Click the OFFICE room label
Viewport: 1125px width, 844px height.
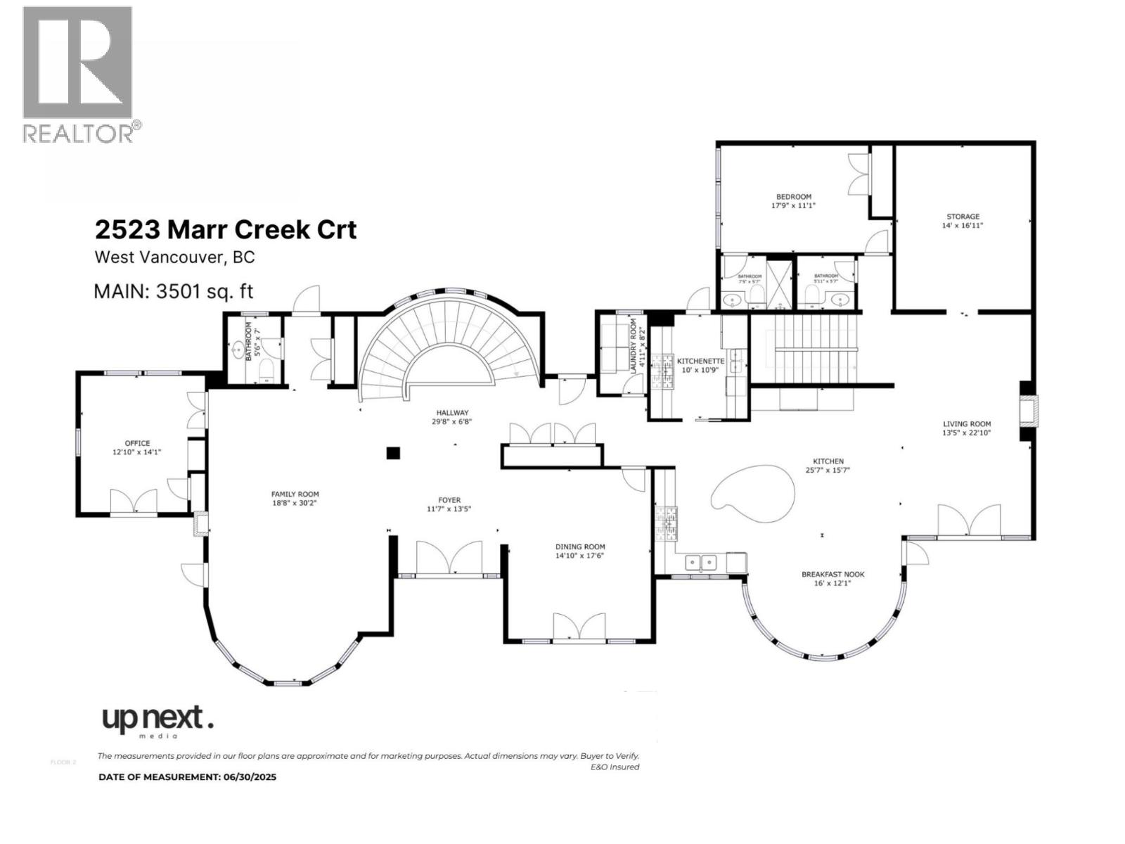(137, 443)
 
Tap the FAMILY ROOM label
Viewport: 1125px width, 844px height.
(295, 494)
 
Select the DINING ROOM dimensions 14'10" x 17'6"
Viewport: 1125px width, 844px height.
(580, 556)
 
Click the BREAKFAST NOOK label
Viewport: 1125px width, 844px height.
(833, 575)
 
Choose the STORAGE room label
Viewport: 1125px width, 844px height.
(963, 217)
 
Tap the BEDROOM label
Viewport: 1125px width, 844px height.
(794, 197)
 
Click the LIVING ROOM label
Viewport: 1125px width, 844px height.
(967, 424)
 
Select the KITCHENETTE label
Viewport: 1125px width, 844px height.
(700, 361)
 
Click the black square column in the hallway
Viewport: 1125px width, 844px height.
(393, 454)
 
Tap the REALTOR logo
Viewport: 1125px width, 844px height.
(79, 74)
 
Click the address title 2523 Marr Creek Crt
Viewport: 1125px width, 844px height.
(226, 230)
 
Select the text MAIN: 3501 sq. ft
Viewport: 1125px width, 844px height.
(174, 291)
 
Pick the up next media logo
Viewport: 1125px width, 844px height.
(157, 721)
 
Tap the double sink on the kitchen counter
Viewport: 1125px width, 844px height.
(700, 562)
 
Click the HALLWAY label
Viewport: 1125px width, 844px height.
(452, 413)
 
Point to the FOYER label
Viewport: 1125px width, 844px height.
(449, 500)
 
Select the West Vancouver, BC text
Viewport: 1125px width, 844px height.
(174, 257)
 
